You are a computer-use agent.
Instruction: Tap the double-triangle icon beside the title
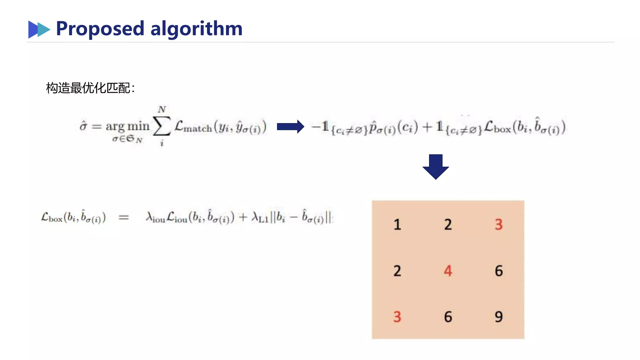pos(39,29)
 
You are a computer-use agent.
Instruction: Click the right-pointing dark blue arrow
pos(290,127)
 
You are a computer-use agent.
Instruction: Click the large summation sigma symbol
pos(162,126)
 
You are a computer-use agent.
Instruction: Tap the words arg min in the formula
pos(127,126)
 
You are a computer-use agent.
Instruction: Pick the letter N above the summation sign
pos(162,109)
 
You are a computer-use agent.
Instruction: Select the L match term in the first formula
pos(193,127)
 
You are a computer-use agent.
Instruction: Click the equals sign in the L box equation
pos(124,217)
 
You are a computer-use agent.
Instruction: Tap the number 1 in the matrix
pos(397,225)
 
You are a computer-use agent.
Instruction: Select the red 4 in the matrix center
pos(448,271)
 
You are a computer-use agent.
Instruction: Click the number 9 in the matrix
pos(499,317)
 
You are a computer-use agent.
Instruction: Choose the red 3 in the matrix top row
pos(499,225)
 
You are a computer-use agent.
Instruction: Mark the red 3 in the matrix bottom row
pos(397,317)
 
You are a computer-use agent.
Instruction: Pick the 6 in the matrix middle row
pos(499,271)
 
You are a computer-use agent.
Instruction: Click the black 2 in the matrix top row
pos(448,225)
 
